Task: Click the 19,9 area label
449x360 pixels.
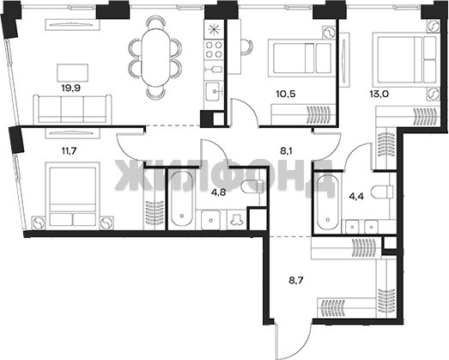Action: pyautogui.click(x=71, y=88)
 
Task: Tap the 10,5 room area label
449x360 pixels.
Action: pyautogui.click(x=286, y=94)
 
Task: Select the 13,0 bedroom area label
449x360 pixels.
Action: pyautogui.click(x=379, y=94)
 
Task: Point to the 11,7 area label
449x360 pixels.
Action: pyautogui.click(x=69, y=150)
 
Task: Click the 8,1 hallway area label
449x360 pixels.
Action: pyautogui.click(x=286, y=151)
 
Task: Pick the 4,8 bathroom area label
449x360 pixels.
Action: pyautogui.click(x=218, y=192)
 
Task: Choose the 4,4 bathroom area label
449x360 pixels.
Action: pyautogui.click(x=356, y=197)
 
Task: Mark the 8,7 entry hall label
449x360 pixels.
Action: pyautogui.click(x=296, y=280)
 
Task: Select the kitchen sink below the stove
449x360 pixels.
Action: pyautogui.click(x=214, y=91)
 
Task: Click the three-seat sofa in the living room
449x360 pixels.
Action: pyautogui.click(x=72, y=109)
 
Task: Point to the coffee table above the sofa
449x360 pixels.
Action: pyautogui.click(x=72, y=72)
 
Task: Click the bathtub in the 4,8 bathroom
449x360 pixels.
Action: pyautogui.click(x=181, y=198)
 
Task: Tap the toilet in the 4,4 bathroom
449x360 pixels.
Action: pyautogui.click(x=382, y=192)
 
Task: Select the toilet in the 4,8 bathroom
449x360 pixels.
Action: pyautogui.click(x=252, y=187)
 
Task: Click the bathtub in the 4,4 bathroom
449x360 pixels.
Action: pyautogui.click(x=327, y=202)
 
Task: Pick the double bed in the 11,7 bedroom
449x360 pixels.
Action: pyautogui.click(x=72, y=196)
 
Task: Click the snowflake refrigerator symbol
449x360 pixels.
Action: pyautogui.click(x=214, y=30)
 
